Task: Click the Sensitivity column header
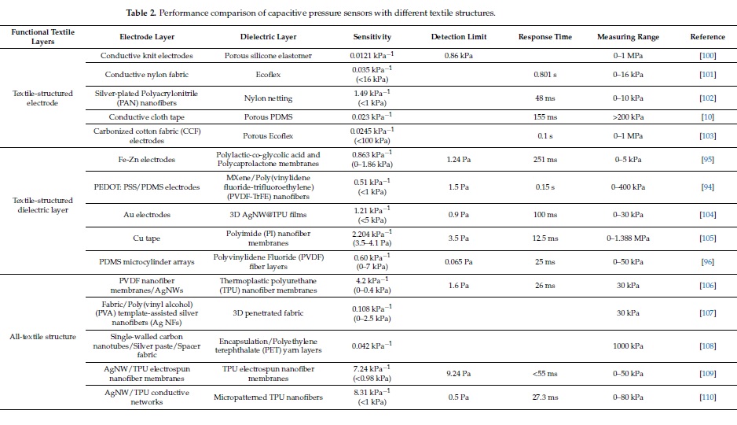click(x=372, y=37)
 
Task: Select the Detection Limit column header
click(x=459, y=37)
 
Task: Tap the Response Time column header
click(x=544, y=37)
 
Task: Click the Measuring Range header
click(x=628, y=37)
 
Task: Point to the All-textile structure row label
click(x=42, y=337)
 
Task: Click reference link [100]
click(x=707, y=56)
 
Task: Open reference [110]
click(x=707, y=397)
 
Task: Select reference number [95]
click(x=707, y=160)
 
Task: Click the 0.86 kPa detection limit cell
click(x=459, y=56)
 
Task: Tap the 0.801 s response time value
click(x=544, y=74)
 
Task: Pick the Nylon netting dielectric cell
click(x=268, y=98)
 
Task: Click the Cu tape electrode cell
click(x=146, y=238)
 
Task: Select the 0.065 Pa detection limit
click(x=459, y=261)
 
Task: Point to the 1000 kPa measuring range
click(x=628, y=346)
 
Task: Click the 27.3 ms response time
click(x=544, y=397)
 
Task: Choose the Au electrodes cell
click(x=147, y=215)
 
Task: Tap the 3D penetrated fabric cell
click(x=268, y=313)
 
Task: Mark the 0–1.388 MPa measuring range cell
click(x=628, y=238)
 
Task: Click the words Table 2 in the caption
click(x=141, y=13)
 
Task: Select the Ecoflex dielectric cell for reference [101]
click(x=268, y=74)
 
